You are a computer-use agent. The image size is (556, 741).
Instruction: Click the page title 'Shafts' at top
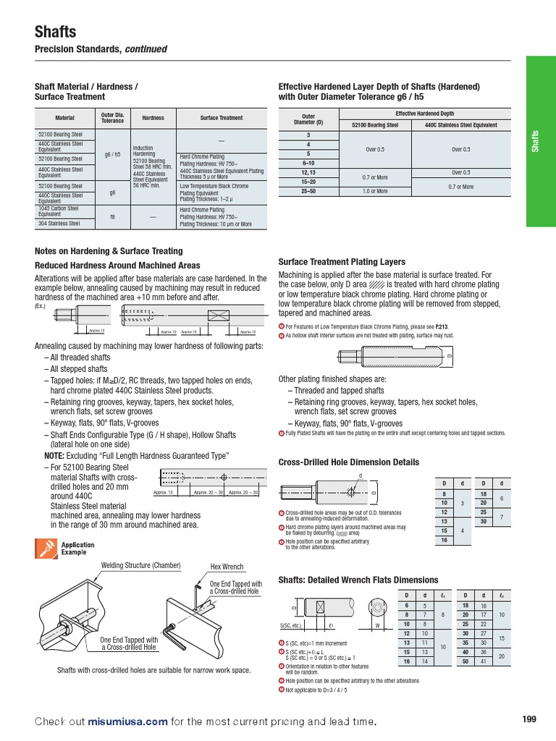pyautogui.click(x=56, y=32)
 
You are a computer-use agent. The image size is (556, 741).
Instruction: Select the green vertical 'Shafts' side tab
pyautogui.click(x=536, y=141)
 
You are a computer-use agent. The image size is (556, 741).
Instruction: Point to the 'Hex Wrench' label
pyautogui.click(x=227, y=567)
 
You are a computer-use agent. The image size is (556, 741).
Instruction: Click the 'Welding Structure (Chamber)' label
pyautogui.click(x=140, y=565)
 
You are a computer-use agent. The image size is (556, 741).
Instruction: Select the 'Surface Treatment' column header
pyautogui.click(x=222, y=118)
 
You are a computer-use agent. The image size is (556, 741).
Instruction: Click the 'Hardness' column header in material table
pyautogui.click(x=153, y=118)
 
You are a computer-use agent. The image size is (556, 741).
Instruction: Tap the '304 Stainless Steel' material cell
pyautogui.click(x=59, y=224)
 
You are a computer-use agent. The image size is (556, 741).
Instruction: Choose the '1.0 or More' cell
pyautogui.click(x=375, y=191)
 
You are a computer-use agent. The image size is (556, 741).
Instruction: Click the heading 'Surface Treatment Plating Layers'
pyautogui.click(x=342, y=262)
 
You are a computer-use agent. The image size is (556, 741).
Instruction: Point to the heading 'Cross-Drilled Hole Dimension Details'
pyautogui.click(x=348, y=462)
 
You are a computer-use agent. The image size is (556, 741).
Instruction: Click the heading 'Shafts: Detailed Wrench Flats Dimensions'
pyautogui.click(x=358, y=580)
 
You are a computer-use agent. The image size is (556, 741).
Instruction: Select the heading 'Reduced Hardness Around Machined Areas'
pyautogui.click(x=117, y=266)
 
